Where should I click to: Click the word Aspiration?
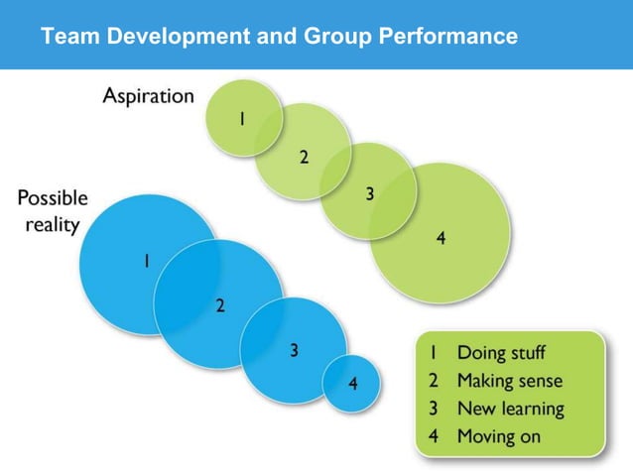tap(149, 96)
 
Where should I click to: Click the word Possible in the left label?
tap(52, 198)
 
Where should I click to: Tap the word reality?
tap(52, 225)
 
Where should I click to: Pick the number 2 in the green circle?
tap(304, 157)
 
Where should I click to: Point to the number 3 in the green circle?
tap(369, 194)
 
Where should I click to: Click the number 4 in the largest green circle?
tap(441, 237)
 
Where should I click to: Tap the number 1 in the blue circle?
tap(146, 262)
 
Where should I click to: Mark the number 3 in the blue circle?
tap(295, 348)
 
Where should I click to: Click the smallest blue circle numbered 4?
tap(352, 383)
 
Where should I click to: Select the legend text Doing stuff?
tap(501, 352)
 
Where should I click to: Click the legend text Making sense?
tap(509, 380)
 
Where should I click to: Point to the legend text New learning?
tap(510, 408)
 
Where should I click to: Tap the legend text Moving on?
tap(499, 435)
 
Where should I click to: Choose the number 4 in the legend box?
tap(434, 435)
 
